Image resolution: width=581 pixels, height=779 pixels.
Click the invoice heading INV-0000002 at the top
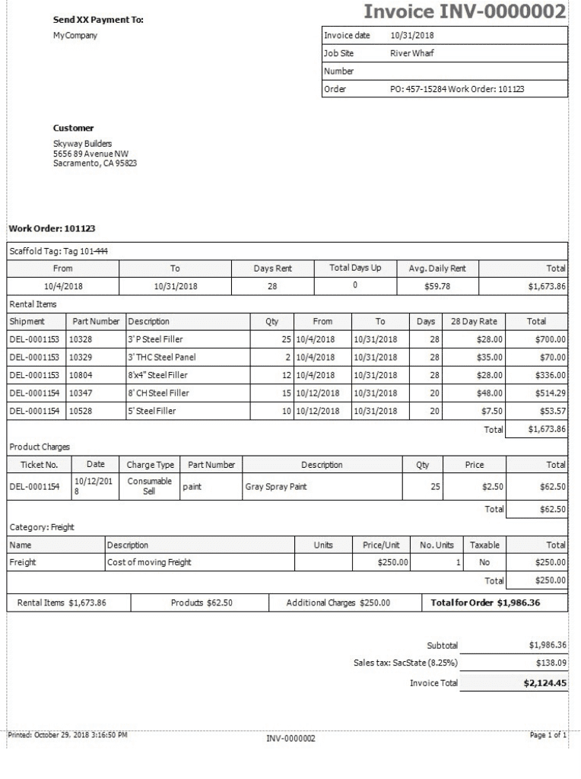(465, 12)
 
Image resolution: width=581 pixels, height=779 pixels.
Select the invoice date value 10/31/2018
(411, 35)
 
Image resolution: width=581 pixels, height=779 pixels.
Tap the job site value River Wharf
(411, 53)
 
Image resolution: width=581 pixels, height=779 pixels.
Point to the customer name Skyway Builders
(82, 144)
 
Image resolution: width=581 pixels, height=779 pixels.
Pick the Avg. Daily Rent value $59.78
(437, 286)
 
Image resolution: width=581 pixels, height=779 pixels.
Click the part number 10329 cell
(80, 357)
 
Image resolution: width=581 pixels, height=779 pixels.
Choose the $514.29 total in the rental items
(550, 393)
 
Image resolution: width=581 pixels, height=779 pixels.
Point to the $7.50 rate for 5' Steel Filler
(491, 412)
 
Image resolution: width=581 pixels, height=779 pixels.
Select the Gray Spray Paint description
(275, 487)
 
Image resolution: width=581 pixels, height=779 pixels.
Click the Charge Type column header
(150, 465)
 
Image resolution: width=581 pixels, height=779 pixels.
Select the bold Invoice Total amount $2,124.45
(544, 683)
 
